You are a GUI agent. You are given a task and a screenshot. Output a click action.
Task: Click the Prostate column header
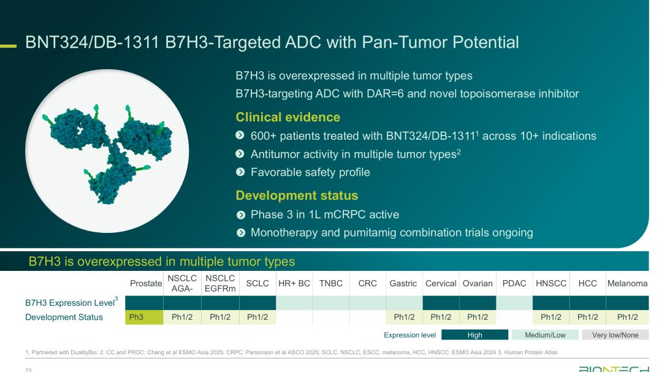[x=146, y=283]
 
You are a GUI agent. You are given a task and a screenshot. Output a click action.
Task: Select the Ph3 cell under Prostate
[x=145, y=317]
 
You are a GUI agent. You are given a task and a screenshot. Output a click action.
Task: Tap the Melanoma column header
[x=628, y=283]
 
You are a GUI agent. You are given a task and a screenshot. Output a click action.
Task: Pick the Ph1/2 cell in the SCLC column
[x=257, y=317]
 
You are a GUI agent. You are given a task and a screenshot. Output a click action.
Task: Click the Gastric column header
[x=403, y=283]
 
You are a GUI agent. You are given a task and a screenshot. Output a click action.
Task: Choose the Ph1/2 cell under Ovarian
[x=477, y=317]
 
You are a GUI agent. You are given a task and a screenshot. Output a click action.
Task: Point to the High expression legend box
[x=475, y=335]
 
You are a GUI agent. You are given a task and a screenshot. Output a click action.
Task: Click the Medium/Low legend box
[x=545, y=335]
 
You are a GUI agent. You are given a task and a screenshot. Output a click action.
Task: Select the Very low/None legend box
[x=615, y=335]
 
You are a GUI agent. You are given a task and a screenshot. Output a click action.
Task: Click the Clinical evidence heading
[x=288, y=117]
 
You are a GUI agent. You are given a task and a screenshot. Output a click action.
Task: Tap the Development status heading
[x=297, y=195]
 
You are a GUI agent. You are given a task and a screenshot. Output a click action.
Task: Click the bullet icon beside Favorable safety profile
[x=240, y=172]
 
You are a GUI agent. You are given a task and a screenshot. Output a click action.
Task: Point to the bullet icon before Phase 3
[x=241, y=215]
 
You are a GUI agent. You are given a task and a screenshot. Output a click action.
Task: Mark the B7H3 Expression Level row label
[x=71, y=302]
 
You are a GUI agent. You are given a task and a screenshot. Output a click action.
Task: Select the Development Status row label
[x=64, y=317]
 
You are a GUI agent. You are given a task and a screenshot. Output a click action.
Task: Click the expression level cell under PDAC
[x=514, y=303]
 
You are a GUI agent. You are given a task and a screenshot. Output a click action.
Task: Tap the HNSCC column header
[x=551, y=283]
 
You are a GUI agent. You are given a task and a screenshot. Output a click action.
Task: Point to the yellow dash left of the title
[x=8, y=46]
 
